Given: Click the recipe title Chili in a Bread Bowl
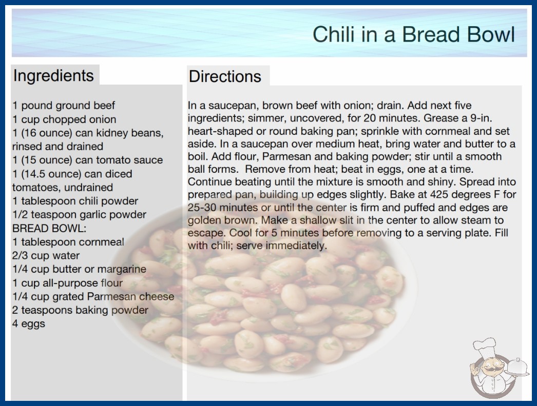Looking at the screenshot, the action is click(414, 34).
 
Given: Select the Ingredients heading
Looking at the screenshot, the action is click(53, 75).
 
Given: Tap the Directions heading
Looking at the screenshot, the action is click(225, 76).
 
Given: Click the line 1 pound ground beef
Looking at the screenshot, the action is click(64, 106).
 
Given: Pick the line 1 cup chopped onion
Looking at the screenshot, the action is click(64, 119).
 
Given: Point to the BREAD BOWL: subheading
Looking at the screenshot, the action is click(49, 228).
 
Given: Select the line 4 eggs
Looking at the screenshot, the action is click(29, 323).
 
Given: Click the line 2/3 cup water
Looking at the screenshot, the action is click(46, 255).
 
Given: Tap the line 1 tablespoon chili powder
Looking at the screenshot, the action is click(75, 201).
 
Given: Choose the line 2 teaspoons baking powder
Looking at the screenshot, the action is click(80, 310).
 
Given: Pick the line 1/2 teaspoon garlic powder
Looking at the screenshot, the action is click(79, 214).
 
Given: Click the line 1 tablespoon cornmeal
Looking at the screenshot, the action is click(68, 242).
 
